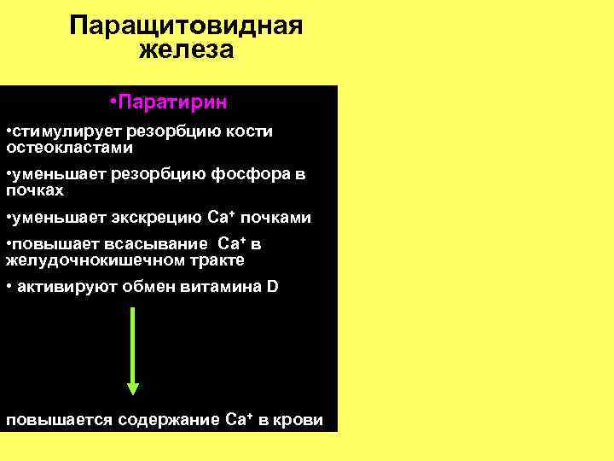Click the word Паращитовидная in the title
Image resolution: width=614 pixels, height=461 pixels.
(x=186, y=24)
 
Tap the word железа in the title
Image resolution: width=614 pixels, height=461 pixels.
(x=186, y=50)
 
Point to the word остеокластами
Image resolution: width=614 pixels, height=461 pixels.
(x=69, y=147)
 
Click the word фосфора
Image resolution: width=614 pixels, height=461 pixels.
(x=249, y=175)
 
